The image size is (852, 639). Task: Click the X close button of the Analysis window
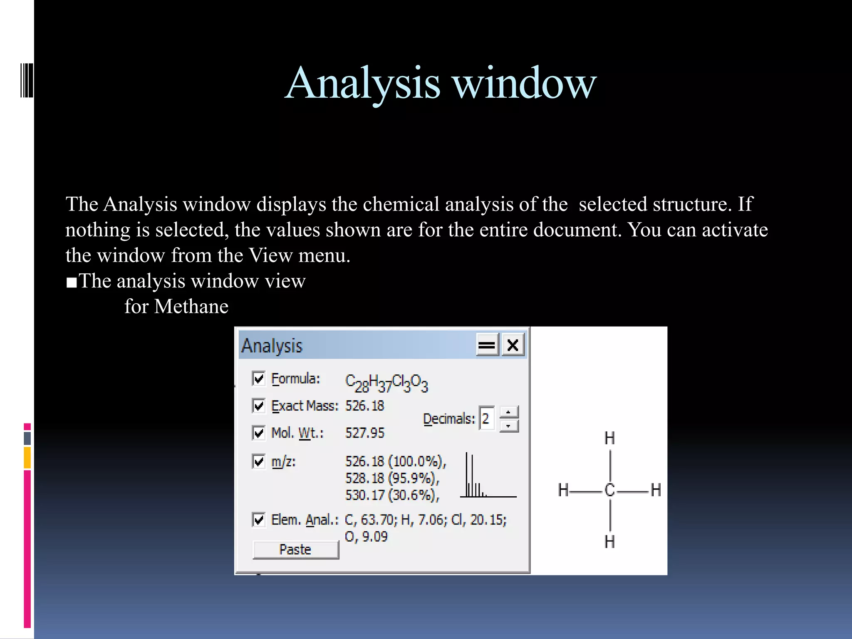point(513,345)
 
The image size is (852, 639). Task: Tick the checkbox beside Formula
point(259,379)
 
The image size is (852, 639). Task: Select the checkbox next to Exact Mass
point(259,406)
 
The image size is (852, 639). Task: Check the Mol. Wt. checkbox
point(259,433)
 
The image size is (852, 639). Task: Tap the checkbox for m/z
point(259,461)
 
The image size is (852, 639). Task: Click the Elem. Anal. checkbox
point(259,520)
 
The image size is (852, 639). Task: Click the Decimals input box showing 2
point(486,418)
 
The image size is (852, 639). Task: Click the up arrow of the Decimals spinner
point(508,412)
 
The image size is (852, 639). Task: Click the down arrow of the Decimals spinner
point(508,426)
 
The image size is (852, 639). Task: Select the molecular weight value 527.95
point(365,433)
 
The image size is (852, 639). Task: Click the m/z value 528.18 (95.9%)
point(392,478)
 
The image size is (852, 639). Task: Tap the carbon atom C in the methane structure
point(610,490)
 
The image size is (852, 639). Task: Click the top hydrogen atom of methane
point(610,438)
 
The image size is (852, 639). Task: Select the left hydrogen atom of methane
point(563,490)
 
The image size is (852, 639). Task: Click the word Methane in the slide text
point(191,307)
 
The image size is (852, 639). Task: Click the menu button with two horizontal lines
point(487,345)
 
